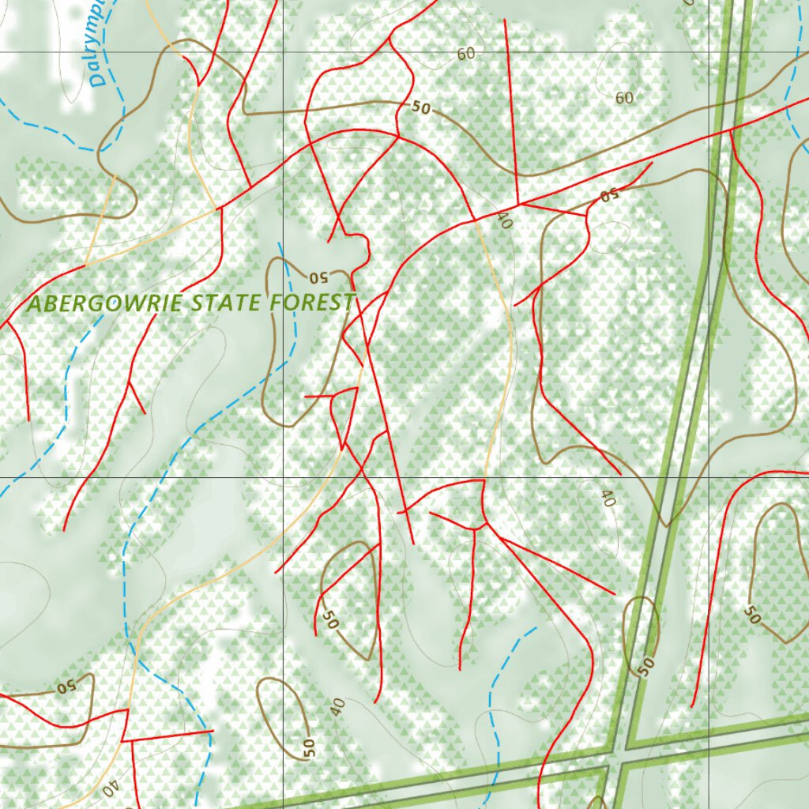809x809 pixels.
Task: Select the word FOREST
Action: pos(312,302)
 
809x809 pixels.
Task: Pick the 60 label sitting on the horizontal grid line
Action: pos(466,53)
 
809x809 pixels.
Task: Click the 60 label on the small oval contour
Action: pos(624,98)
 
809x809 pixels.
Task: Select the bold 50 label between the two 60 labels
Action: pos(421,107)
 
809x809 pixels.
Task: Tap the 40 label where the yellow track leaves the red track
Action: pos(504,222)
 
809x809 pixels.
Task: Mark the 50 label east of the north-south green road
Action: pos(752,614)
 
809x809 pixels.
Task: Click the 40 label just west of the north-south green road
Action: pos(607,499)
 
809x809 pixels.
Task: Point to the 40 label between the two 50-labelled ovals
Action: pos(337,707)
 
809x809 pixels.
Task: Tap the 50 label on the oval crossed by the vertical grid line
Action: pos(308,745)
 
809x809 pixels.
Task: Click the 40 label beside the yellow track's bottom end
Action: pos(111,787)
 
